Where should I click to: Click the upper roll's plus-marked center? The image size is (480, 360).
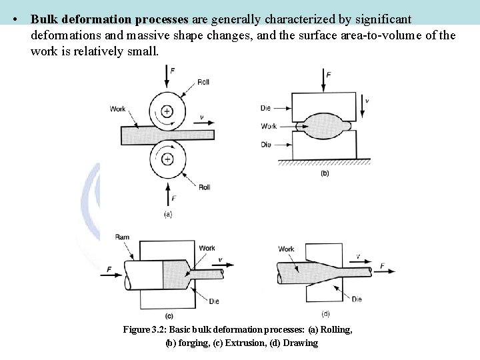[x=167, y=111]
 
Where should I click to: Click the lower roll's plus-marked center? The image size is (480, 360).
[x=167, y=159]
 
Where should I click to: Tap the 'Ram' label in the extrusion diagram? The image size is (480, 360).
[x=122, y=237]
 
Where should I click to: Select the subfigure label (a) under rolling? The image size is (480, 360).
[x=167, y=214]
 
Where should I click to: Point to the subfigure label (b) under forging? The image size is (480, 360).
[x=325, y=173]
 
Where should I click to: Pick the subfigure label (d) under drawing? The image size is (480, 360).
[x=325, y=314]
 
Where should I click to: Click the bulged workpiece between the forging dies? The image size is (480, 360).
[x=325, y=125]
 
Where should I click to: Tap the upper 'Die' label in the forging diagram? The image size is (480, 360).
[x=265, y=107]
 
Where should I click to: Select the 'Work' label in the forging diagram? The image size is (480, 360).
[x=268, y=125]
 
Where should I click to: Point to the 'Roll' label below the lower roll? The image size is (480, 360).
[x=205, y=187]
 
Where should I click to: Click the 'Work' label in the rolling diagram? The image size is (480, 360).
[x=118, y=109]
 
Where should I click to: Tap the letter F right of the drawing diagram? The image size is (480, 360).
[x=383, y=266]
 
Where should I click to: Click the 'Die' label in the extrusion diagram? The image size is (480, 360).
[x=213, y=302]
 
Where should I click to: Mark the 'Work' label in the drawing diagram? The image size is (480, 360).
[x=287, y=249]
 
